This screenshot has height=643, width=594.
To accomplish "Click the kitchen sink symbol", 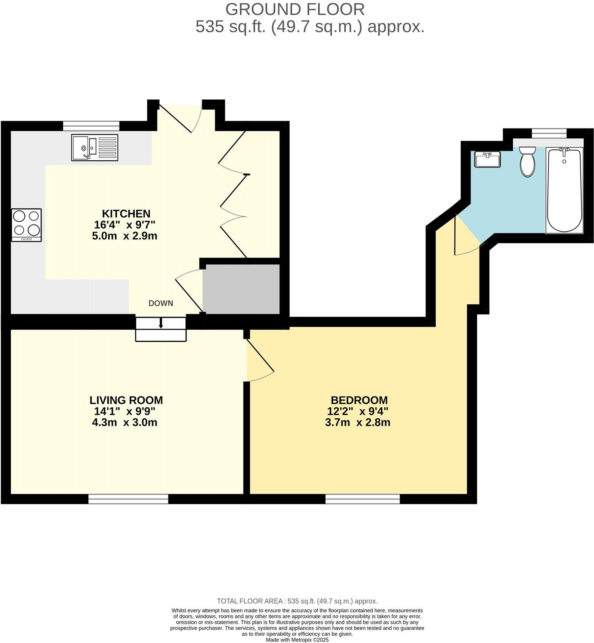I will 95,147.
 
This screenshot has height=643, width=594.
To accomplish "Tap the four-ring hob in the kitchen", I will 27,225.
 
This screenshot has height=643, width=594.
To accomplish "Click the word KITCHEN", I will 126,213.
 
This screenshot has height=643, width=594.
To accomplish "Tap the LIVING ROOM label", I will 126,400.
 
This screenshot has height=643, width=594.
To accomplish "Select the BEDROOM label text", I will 359,400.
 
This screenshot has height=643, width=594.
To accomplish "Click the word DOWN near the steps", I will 161,303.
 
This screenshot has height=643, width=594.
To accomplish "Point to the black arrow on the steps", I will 161,324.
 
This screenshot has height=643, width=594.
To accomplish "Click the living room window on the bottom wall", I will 129,499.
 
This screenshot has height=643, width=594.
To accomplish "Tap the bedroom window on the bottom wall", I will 363,499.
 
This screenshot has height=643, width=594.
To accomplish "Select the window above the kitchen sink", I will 91,126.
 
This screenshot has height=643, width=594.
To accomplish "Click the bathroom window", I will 549,132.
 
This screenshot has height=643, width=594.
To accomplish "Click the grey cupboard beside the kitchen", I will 242,289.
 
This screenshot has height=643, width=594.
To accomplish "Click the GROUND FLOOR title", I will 295,9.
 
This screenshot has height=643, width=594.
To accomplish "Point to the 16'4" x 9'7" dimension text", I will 125,224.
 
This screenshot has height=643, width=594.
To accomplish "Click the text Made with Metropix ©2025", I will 297,640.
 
